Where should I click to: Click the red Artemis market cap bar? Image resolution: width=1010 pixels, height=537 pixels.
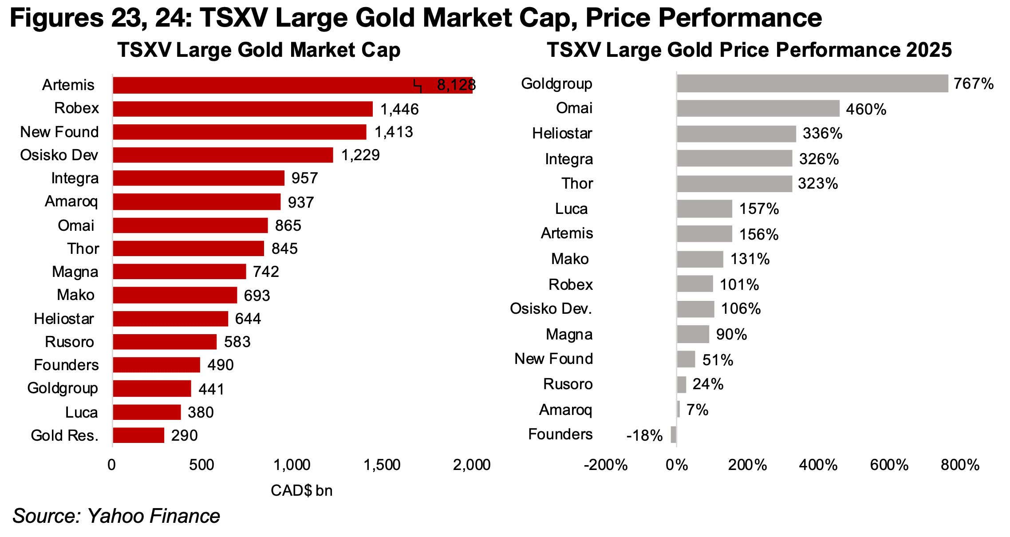pyautogui.click(x=266, y=85)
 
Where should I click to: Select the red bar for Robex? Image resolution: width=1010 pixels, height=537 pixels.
pyautogui.click(x=243, y=109)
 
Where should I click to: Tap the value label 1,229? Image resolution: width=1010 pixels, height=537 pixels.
pyautogui.click(x=360, y=155)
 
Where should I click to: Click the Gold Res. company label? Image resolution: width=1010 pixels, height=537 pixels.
pyautogui.click(x=64, y=436)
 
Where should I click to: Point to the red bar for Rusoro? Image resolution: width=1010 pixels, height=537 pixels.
pyautogui.click(x=165, y=342)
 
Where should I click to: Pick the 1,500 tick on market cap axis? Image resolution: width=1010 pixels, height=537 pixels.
pyautogui.click(x=382, y=465)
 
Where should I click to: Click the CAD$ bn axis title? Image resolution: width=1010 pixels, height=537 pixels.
pyautogui.click(x=302, y=491)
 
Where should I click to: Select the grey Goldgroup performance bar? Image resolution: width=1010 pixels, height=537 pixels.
pyautogui.click(x=812, y=84)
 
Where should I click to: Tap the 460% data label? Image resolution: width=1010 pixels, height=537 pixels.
pyautogui.click(x=866, y=110)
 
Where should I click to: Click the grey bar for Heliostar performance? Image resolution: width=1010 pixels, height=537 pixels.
pyautogui.click(x=736, y=134)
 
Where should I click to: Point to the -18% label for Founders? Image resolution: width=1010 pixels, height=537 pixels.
pyautogui.click(x=644, y=436)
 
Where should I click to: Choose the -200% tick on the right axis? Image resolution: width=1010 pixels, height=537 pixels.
pyautogui.click(x=606, y=465)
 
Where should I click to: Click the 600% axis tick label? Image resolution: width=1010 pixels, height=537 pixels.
pyautogui.click(x=889, y=465)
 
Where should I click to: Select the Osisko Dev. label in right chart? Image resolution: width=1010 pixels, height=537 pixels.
pyautogui.click(x=551, y=309)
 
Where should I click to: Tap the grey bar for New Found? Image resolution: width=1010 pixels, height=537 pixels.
pyautogui.click(x=686, y=359)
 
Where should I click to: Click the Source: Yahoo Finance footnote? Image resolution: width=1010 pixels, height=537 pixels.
pyautogui.click(x=116, y=516)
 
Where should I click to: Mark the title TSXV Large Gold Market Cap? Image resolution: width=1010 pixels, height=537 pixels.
pyautogui.click(x=259, y=50)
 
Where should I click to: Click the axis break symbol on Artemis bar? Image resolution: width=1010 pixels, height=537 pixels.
pyautogui.click(x=418, y=86)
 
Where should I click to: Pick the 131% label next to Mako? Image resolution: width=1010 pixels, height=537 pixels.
pyautogui.click(x=750, y=259)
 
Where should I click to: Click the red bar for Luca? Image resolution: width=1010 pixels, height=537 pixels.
pyautogui.click(x=147, y=412)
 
